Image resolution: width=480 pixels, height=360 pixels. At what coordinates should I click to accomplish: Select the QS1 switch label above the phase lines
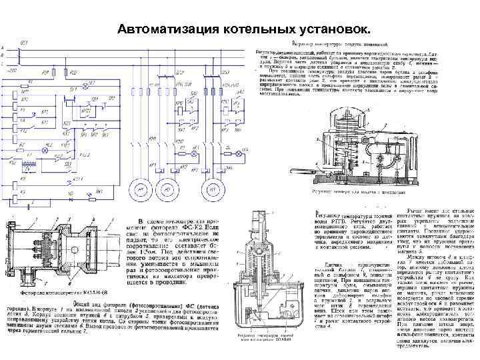click(25, 42)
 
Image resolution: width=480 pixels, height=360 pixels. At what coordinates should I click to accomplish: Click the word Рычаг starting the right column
click(409, 213)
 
